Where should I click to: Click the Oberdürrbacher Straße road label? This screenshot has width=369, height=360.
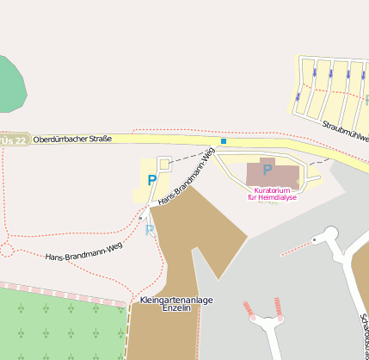[x=72, y=139]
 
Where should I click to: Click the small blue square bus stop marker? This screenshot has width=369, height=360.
[x=224, y=141]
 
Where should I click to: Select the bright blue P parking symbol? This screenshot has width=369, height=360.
[x=152, y=180]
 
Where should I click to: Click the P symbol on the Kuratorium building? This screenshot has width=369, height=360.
[x=268, y=170]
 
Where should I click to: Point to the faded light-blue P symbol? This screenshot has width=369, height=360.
[x=150, y=230]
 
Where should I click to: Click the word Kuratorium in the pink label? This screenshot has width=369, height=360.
[x=272, y=189]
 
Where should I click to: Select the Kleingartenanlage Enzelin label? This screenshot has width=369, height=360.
[x=175, y=303]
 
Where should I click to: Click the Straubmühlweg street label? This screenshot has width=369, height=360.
[x=347, y=130]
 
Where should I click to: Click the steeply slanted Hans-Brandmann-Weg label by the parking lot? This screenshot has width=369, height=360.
[x=186, y=178]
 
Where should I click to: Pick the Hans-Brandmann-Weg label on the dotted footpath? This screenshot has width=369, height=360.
[x=83, y=252]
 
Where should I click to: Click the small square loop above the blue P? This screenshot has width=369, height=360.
[x=164, y=162]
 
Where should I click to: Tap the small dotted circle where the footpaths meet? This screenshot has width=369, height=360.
[x=8, y=250]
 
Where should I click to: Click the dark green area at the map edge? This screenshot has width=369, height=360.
[x=10, y=86]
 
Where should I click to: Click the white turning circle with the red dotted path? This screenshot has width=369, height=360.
[x=329, y=233]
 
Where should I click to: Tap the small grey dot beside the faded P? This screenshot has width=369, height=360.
[x=140, y=219]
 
